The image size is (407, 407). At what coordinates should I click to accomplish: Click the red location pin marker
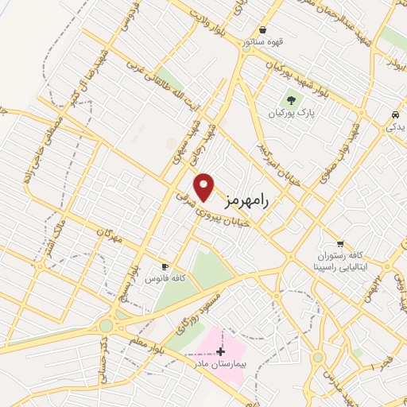tap(205, 187)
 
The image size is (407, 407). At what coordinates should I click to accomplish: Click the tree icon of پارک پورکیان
tap(290, 100)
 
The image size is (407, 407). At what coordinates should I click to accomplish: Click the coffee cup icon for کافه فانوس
tap(165, 266)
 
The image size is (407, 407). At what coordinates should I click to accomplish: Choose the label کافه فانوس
tap(165, 279)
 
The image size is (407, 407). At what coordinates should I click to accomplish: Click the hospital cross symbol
tap(221, 351)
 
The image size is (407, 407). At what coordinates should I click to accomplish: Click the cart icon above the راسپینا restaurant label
tap(340, 244)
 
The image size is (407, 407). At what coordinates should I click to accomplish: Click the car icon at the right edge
tap(394, 115)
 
